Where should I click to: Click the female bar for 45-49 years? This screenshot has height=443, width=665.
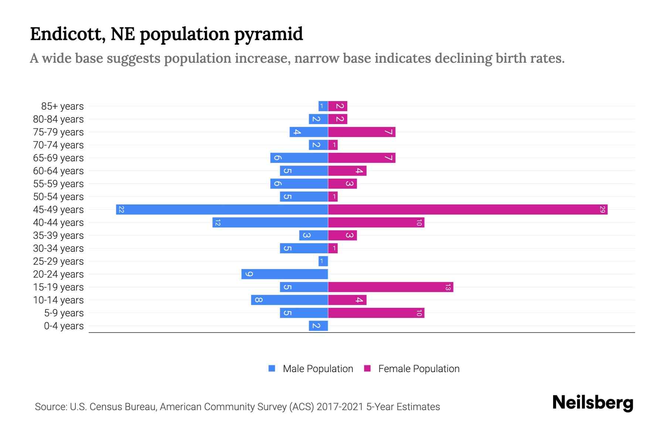click(468, 209)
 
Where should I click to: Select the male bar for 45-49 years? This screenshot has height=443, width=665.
click(222, 209)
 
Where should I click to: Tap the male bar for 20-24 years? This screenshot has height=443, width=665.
click(284, 274)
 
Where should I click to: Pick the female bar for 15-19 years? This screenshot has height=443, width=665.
click(391, 287)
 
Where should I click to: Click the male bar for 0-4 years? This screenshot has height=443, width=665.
click(318, 326)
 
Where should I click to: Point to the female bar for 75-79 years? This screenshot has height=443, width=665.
click(362, 132)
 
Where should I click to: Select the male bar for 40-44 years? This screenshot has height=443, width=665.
click(270, 222)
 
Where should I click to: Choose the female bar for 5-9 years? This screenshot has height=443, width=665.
click(376, 313)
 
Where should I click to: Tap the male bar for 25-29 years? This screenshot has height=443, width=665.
click(323, 261)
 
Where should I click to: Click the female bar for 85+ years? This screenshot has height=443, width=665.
click(338, 106)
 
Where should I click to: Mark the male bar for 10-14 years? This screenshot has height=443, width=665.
click(289, 300)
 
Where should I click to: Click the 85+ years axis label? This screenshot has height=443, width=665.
click(62, 106)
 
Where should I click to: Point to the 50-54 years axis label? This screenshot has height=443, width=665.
click(58, 197)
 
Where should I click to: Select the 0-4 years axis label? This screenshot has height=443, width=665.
click(64, 326)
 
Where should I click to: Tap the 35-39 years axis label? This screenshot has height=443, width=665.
click(58, 236)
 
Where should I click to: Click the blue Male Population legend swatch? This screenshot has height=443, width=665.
click(272, 368)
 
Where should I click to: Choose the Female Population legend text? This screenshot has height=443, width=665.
click(419, 369)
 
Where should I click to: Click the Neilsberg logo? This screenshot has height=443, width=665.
click(593, 402)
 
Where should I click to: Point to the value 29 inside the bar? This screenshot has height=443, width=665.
click(602, 209)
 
